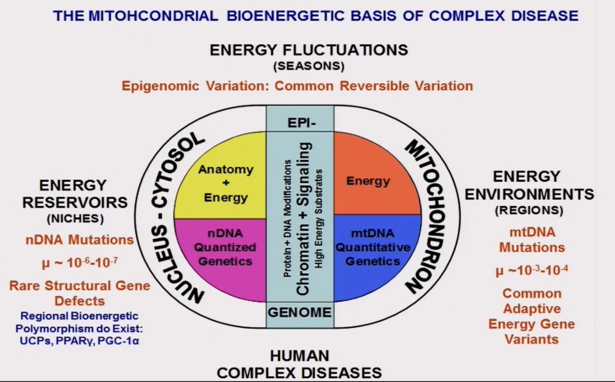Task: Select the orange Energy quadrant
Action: point(367,180)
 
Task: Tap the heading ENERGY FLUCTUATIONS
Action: point(309,50)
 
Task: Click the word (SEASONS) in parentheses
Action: point(309,66)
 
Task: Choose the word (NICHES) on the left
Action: point(75,218)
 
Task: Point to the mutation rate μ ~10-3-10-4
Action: point(532,270)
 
